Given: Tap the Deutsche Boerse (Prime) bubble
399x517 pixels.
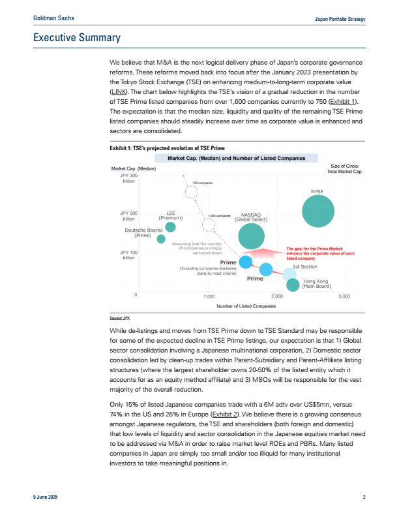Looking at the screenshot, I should (x=161, y=239).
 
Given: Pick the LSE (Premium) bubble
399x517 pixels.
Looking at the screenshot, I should (x=171, y=227).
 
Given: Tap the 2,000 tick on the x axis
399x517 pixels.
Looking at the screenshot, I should (x=276, y=296).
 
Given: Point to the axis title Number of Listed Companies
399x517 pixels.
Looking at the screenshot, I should (x=246, y=305).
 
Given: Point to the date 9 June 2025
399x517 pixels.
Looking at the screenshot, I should (x=46, y=497).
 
